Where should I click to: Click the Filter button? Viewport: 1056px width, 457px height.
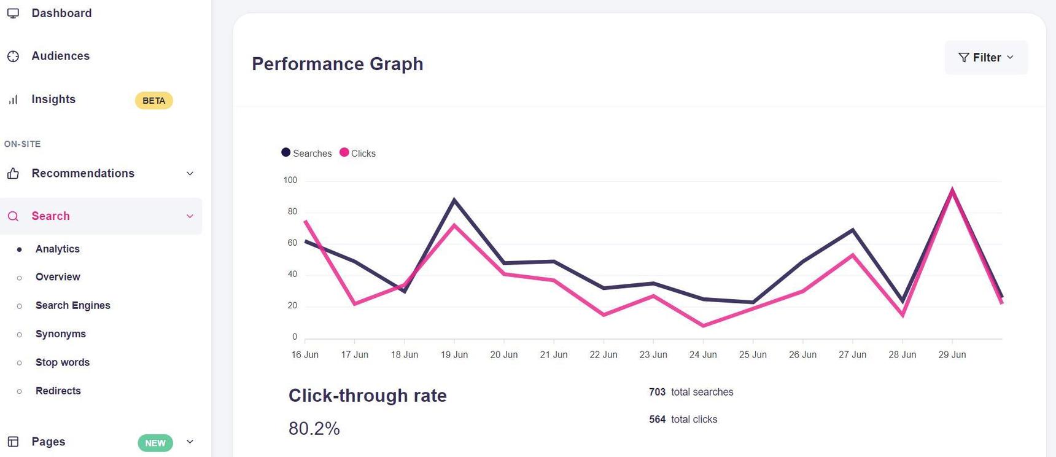(985, 58)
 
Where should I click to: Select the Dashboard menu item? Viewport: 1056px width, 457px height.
(61, 13)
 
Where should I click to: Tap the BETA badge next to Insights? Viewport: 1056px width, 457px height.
(153, 101)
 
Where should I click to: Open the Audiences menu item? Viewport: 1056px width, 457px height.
(60, 56)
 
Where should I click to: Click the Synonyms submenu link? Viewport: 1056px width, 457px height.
(60, 334)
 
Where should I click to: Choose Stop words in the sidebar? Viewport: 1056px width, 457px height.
(62, 362)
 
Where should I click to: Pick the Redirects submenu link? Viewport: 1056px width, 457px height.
(58, 391)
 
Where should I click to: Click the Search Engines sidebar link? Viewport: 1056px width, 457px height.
(72, 305)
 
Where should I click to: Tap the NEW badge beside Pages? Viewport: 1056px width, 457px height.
(155, 443)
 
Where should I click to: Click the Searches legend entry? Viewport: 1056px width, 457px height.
(306, 153)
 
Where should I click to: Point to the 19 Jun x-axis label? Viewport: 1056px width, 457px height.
(454, 354)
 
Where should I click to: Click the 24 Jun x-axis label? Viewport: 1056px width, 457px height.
(703, 354)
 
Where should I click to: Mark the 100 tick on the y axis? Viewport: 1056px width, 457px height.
(290, 180)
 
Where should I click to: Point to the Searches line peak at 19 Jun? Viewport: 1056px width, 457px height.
(454, 200)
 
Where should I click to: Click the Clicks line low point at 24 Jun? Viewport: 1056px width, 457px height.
(703, 326)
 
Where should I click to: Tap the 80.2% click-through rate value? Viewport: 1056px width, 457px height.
(314, 428)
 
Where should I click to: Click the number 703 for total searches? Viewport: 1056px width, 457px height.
(657, 392)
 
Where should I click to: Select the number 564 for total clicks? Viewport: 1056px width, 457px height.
(657, 420)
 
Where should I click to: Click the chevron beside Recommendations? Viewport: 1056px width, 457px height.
(190, 173)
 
